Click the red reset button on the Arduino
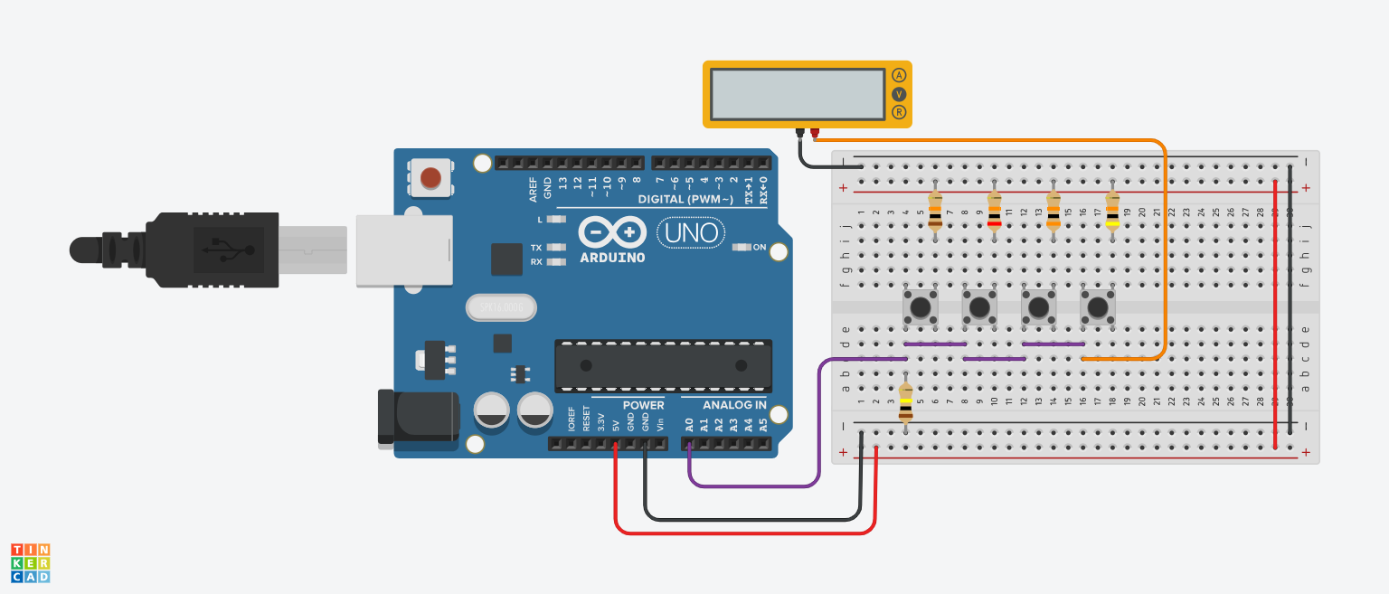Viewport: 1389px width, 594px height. click(x=431, y=177)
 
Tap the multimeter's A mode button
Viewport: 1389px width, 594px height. click(x=899, y=75)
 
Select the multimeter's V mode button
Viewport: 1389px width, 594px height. click(x=899, y=94)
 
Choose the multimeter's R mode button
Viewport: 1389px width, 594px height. click(x=899, y=112)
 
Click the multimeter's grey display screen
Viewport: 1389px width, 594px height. click(x=797, y=94)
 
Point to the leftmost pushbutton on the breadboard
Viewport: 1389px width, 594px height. click(x=921, y=307)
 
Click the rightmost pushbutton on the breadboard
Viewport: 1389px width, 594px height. click(x=1098, y=307)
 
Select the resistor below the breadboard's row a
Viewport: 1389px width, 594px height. click(x=906, y=403)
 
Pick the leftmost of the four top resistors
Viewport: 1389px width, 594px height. click(x=935, y=211)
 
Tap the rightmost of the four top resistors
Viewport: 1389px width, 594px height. click(x=1112, y=211)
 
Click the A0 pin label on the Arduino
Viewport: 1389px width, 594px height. click(x=690, y=423)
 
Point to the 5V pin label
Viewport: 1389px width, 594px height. click(x=616, y=424)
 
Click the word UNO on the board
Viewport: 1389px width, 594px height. click(x=690, y=233)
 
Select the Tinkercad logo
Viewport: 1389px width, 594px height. click(x=30, y=562)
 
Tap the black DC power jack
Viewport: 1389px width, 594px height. click(x=418, y=419)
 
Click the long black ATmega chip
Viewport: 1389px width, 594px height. click(x=663, y=365)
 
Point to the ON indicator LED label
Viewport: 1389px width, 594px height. click(x=759, y=248)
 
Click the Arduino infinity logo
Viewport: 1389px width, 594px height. click(x=612, y=232)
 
